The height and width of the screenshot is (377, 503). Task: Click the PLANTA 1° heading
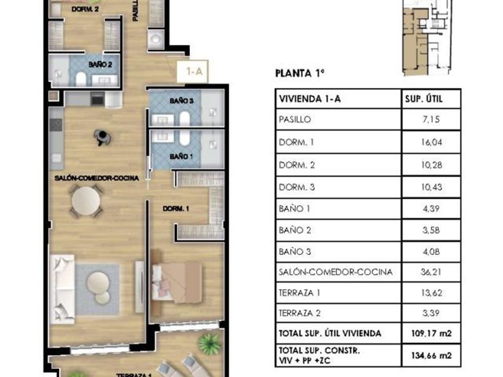click(299, 74)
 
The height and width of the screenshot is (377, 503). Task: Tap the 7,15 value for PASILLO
click(431, 120)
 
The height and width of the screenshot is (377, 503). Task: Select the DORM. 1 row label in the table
click(296, 142)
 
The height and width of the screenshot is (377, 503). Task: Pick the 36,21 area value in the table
click(431, 272)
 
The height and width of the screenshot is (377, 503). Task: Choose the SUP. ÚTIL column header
click(424, 99)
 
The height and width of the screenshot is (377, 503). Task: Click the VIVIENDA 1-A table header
click(310, 99)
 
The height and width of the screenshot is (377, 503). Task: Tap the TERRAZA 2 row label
click(299, 313)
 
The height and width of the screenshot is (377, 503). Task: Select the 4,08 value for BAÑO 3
click(431, 252)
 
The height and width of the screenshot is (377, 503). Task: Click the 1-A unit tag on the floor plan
click(194, 71)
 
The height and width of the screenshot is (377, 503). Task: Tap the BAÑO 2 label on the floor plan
click(100, 65)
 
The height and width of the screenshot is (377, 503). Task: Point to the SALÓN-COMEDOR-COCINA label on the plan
click(96, 178)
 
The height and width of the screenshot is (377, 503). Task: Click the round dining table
click(86, 201)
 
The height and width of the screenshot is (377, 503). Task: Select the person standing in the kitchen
click(102, 138)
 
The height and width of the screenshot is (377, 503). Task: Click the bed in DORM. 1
click(177, 282)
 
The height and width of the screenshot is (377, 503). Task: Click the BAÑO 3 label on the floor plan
click(181, 101)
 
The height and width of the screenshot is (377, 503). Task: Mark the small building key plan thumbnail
click(428, 38)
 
